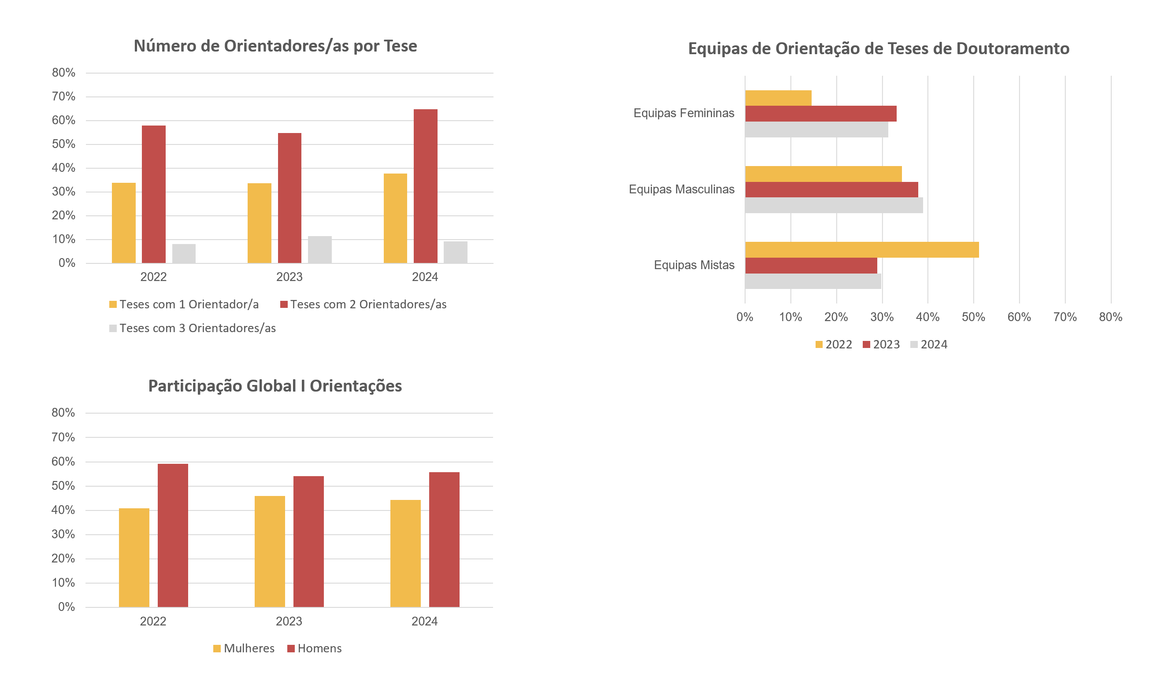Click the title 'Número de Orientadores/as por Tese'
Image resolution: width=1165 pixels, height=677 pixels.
pos(275,46)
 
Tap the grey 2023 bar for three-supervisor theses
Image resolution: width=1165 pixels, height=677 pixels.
pos(319,250)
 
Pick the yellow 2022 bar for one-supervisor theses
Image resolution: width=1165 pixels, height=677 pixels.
pos(123,223)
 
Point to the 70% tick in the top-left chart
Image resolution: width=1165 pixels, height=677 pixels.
pos(64,96)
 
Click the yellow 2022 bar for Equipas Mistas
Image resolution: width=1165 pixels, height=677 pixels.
pos(861,250)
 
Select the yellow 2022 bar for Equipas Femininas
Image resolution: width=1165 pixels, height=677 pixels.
pos(778,98)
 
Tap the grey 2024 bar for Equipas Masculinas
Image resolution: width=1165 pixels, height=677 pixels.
pos(834,205)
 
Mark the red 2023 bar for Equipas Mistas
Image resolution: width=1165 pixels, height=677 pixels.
pos(811,265)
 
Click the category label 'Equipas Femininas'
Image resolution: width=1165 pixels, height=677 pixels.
pos(683,113)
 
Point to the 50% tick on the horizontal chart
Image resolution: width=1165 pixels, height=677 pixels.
pos(973,317)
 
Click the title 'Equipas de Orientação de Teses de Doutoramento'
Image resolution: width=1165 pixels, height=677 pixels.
pos(878,48)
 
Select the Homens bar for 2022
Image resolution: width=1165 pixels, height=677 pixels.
pos(172,535)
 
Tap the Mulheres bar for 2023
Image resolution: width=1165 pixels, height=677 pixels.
pos(270,551)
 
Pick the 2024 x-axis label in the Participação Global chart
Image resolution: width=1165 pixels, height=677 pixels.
pos(424,621)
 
